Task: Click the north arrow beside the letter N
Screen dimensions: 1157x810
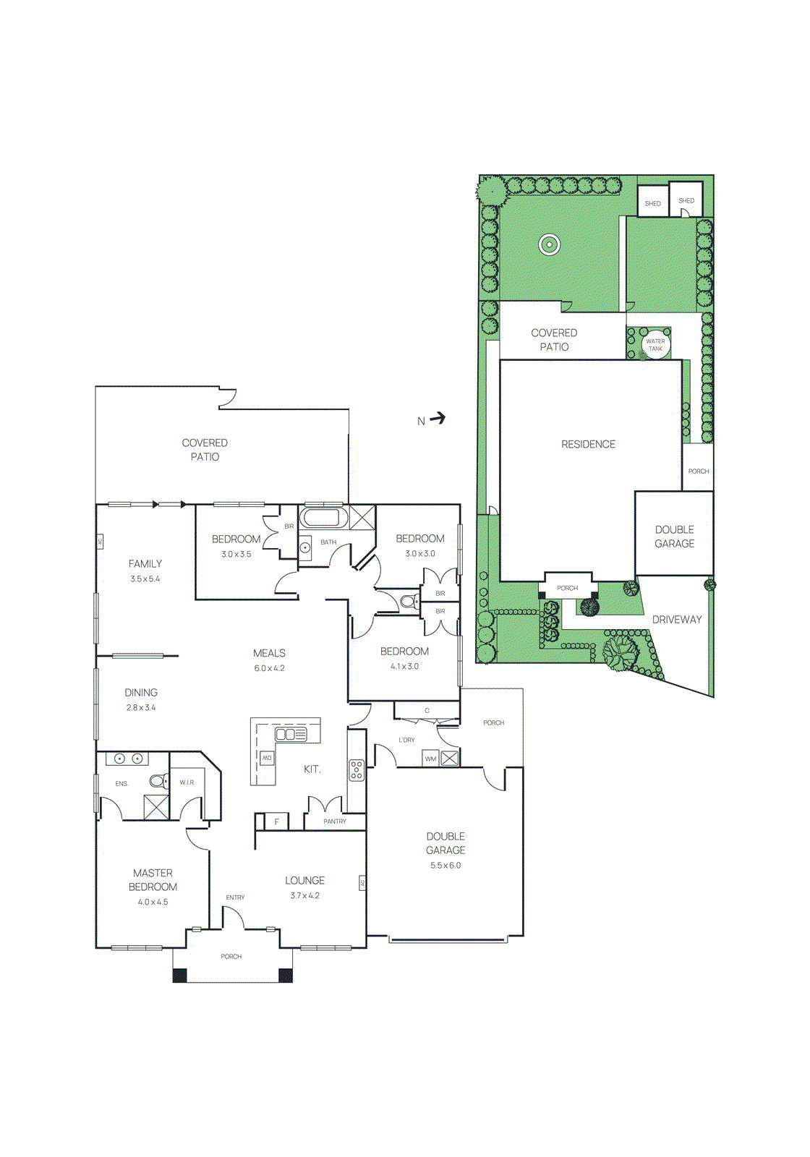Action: pos(438,418)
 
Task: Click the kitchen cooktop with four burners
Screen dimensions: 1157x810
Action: pos(357,770)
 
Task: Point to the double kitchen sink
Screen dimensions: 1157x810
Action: pos(291,735)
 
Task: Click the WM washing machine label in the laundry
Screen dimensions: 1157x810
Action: pos(430,759)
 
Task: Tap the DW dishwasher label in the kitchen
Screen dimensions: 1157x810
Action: pos(267,758)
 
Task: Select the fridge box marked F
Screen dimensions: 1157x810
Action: pos(276,821)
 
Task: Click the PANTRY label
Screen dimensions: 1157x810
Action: pos(335,821)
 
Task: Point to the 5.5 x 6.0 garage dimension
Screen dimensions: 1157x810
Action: pos(445,865)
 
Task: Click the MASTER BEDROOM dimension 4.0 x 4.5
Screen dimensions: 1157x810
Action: pos(153,902)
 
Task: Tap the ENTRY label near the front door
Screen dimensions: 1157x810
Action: pos(235,897)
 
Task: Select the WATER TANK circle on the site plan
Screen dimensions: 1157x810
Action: pos(655,344)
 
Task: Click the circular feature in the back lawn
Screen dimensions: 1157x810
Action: pos(550,244)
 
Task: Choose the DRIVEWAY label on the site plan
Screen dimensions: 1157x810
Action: pos(677,619)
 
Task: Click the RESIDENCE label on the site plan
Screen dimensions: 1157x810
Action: pos(588,444)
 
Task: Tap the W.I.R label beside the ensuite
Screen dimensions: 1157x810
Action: pos(187,782)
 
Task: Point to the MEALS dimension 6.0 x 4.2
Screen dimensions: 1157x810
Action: pos(269,668)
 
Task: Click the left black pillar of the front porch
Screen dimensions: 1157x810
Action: pos(179,975)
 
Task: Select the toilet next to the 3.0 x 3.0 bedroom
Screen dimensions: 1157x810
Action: pos(409,601)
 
